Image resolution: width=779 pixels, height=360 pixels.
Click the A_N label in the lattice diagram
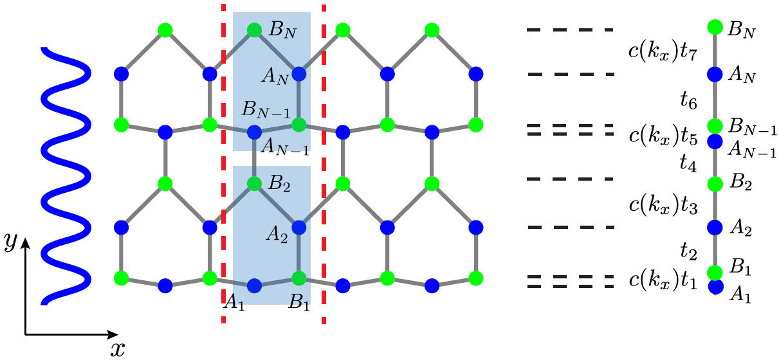pyautogui.click(x=275, y=77)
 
